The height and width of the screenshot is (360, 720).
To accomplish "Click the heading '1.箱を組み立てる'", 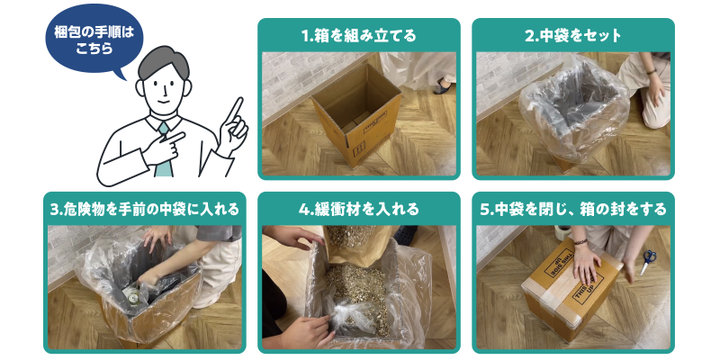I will coord(358,37).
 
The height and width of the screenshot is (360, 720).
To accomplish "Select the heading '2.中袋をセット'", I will coord(573,37).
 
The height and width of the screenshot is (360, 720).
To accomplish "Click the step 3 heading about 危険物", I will coord(144,210).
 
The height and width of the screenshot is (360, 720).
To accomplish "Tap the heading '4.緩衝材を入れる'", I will coord(358,210).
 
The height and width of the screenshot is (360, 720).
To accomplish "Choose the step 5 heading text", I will coord(573,210).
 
